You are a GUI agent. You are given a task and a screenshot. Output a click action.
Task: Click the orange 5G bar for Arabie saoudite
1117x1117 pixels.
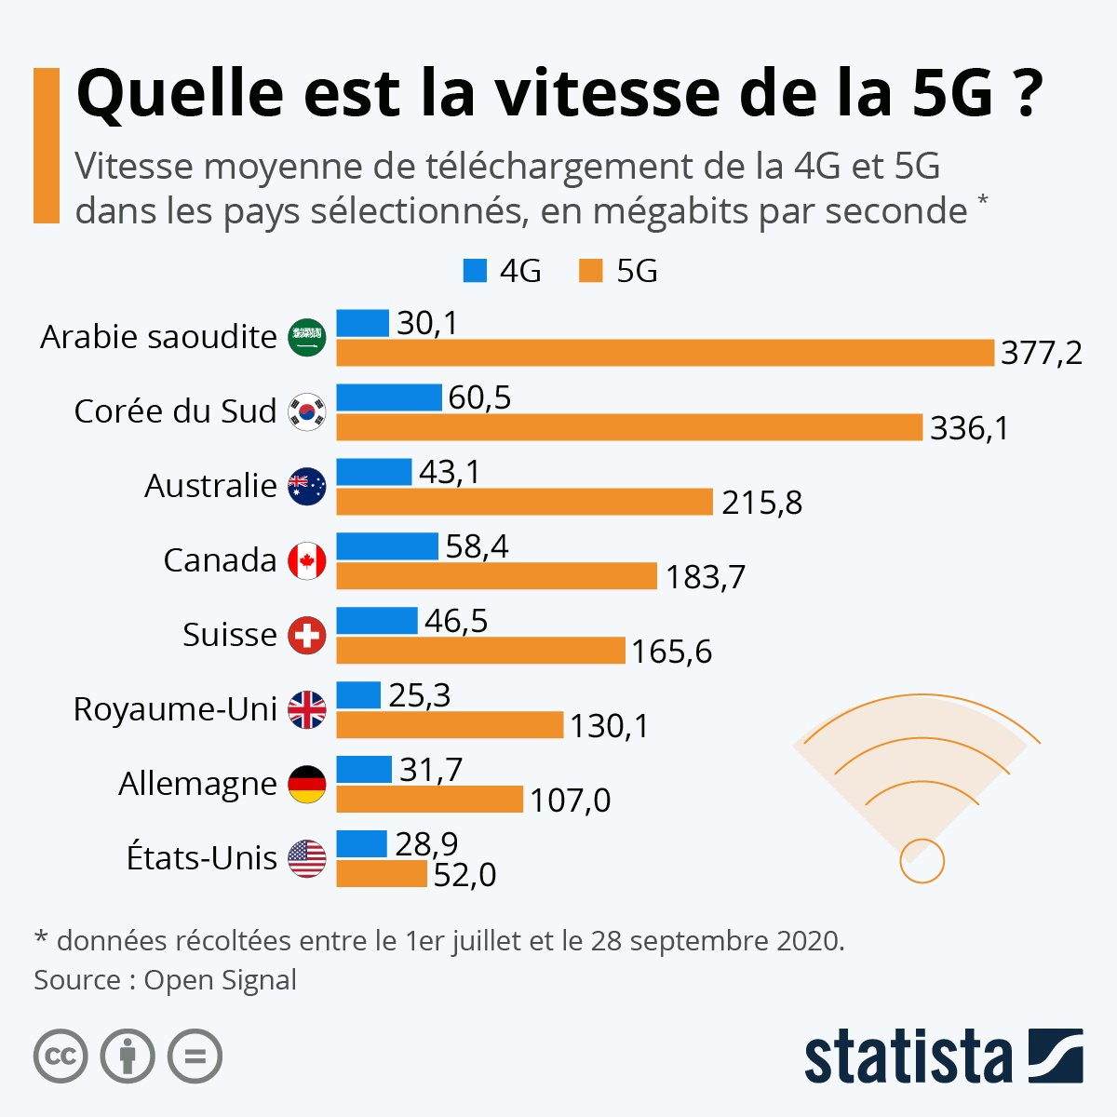click(665, 353)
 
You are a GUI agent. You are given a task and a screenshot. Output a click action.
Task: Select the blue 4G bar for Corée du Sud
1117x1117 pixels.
click(388, 397)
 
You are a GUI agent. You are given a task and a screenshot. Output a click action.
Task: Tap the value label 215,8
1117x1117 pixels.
click(761, 503)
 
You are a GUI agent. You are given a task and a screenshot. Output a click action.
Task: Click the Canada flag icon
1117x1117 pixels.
click(307, 560)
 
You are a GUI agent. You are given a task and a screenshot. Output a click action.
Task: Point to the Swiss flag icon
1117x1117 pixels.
click(307, 636)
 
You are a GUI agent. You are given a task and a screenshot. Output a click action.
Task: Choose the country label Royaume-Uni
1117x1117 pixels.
click(175, 709)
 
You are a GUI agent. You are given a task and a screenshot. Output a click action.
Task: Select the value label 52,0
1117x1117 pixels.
click(464, 875)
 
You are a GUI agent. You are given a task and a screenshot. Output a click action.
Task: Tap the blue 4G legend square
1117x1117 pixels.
click(475, 271)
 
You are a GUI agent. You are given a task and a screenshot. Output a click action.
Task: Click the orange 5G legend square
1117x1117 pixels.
click(590, 271)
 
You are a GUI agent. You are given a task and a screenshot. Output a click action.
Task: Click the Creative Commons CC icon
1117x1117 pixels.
click(61, 1056)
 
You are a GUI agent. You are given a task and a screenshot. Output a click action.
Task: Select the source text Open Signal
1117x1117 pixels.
click(221, 980)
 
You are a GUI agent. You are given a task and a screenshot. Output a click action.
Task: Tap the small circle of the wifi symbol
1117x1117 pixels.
click(922, 860)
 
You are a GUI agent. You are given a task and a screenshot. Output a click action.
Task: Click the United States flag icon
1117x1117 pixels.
click(307, 858)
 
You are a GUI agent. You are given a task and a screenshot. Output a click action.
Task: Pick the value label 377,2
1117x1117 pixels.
click(1042, 354)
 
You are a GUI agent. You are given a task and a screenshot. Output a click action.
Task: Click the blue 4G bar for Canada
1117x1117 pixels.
click(386, 546)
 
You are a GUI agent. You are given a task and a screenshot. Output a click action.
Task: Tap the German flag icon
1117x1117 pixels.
click(307, 784)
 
